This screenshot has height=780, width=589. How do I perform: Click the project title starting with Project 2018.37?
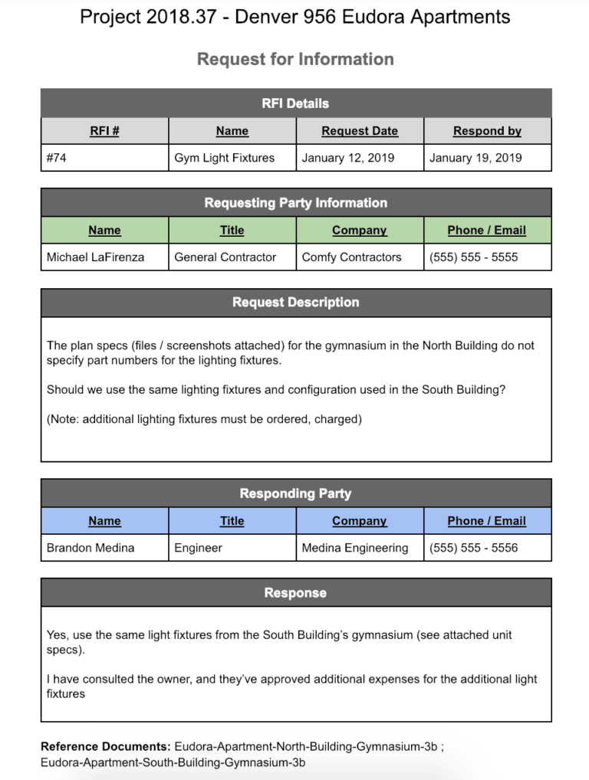coord(294,17)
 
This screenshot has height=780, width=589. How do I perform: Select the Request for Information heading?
coord(295,59)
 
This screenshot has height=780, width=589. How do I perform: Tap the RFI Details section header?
coord(295,103)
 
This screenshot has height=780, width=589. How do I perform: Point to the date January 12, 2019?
coord(347,158)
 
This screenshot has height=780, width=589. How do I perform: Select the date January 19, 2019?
coord(475,158)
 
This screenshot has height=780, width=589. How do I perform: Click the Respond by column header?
coord(487,131)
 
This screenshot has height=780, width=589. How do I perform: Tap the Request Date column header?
coord(360,131)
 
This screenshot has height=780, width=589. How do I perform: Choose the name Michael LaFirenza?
coord(95,257)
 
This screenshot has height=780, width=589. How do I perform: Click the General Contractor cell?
coord(225,257)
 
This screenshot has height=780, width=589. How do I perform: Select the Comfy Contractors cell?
coord(351,257)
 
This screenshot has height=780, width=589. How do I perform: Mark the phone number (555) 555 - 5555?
coord(473,257)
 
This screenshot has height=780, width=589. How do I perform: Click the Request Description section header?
coord(295,303)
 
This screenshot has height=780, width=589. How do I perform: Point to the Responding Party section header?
coord(295,493)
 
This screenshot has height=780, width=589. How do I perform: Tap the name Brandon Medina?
coord(90,548)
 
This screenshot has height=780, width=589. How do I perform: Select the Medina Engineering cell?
coord(354,548)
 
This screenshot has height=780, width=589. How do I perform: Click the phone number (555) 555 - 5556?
coord(473,548)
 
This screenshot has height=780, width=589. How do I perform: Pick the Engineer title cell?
coord(198,548)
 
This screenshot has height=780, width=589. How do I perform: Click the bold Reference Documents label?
coord(105,746)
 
